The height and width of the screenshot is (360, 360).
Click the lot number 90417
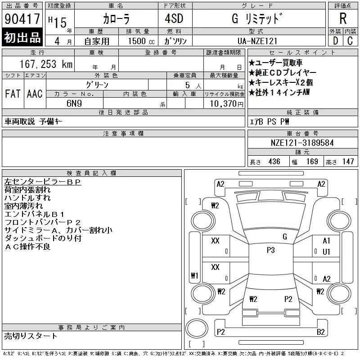pyautogui.click(x=22, y=19)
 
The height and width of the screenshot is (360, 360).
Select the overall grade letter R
pyautogui.click(x=343, y=18)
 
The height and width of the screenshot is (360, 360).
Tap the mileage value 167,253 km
pyautogui.click(x=46, y=64)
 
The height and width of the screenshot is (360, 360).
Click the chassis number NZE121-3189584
pyautogui.click(x=302, y=143)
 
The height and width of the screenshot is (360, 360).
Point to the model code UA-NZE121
pyautogui.click(x=257, y=41)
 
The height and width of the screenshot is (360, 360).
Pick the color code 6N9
pyautogui.click(x=74, y=103)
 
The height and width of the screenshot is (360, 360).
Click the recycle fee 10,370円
pyautogui.click(x=227, y=104)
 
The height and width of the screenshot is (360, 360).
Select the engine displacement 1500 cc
pyautogui.click(x=141, y=41)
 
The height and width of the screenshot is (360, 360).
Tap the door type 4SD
pyautogui.click(x=174, y=18)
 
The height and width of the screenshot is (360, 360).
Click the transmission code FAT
pyautogui.click(x=13, y=94)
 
